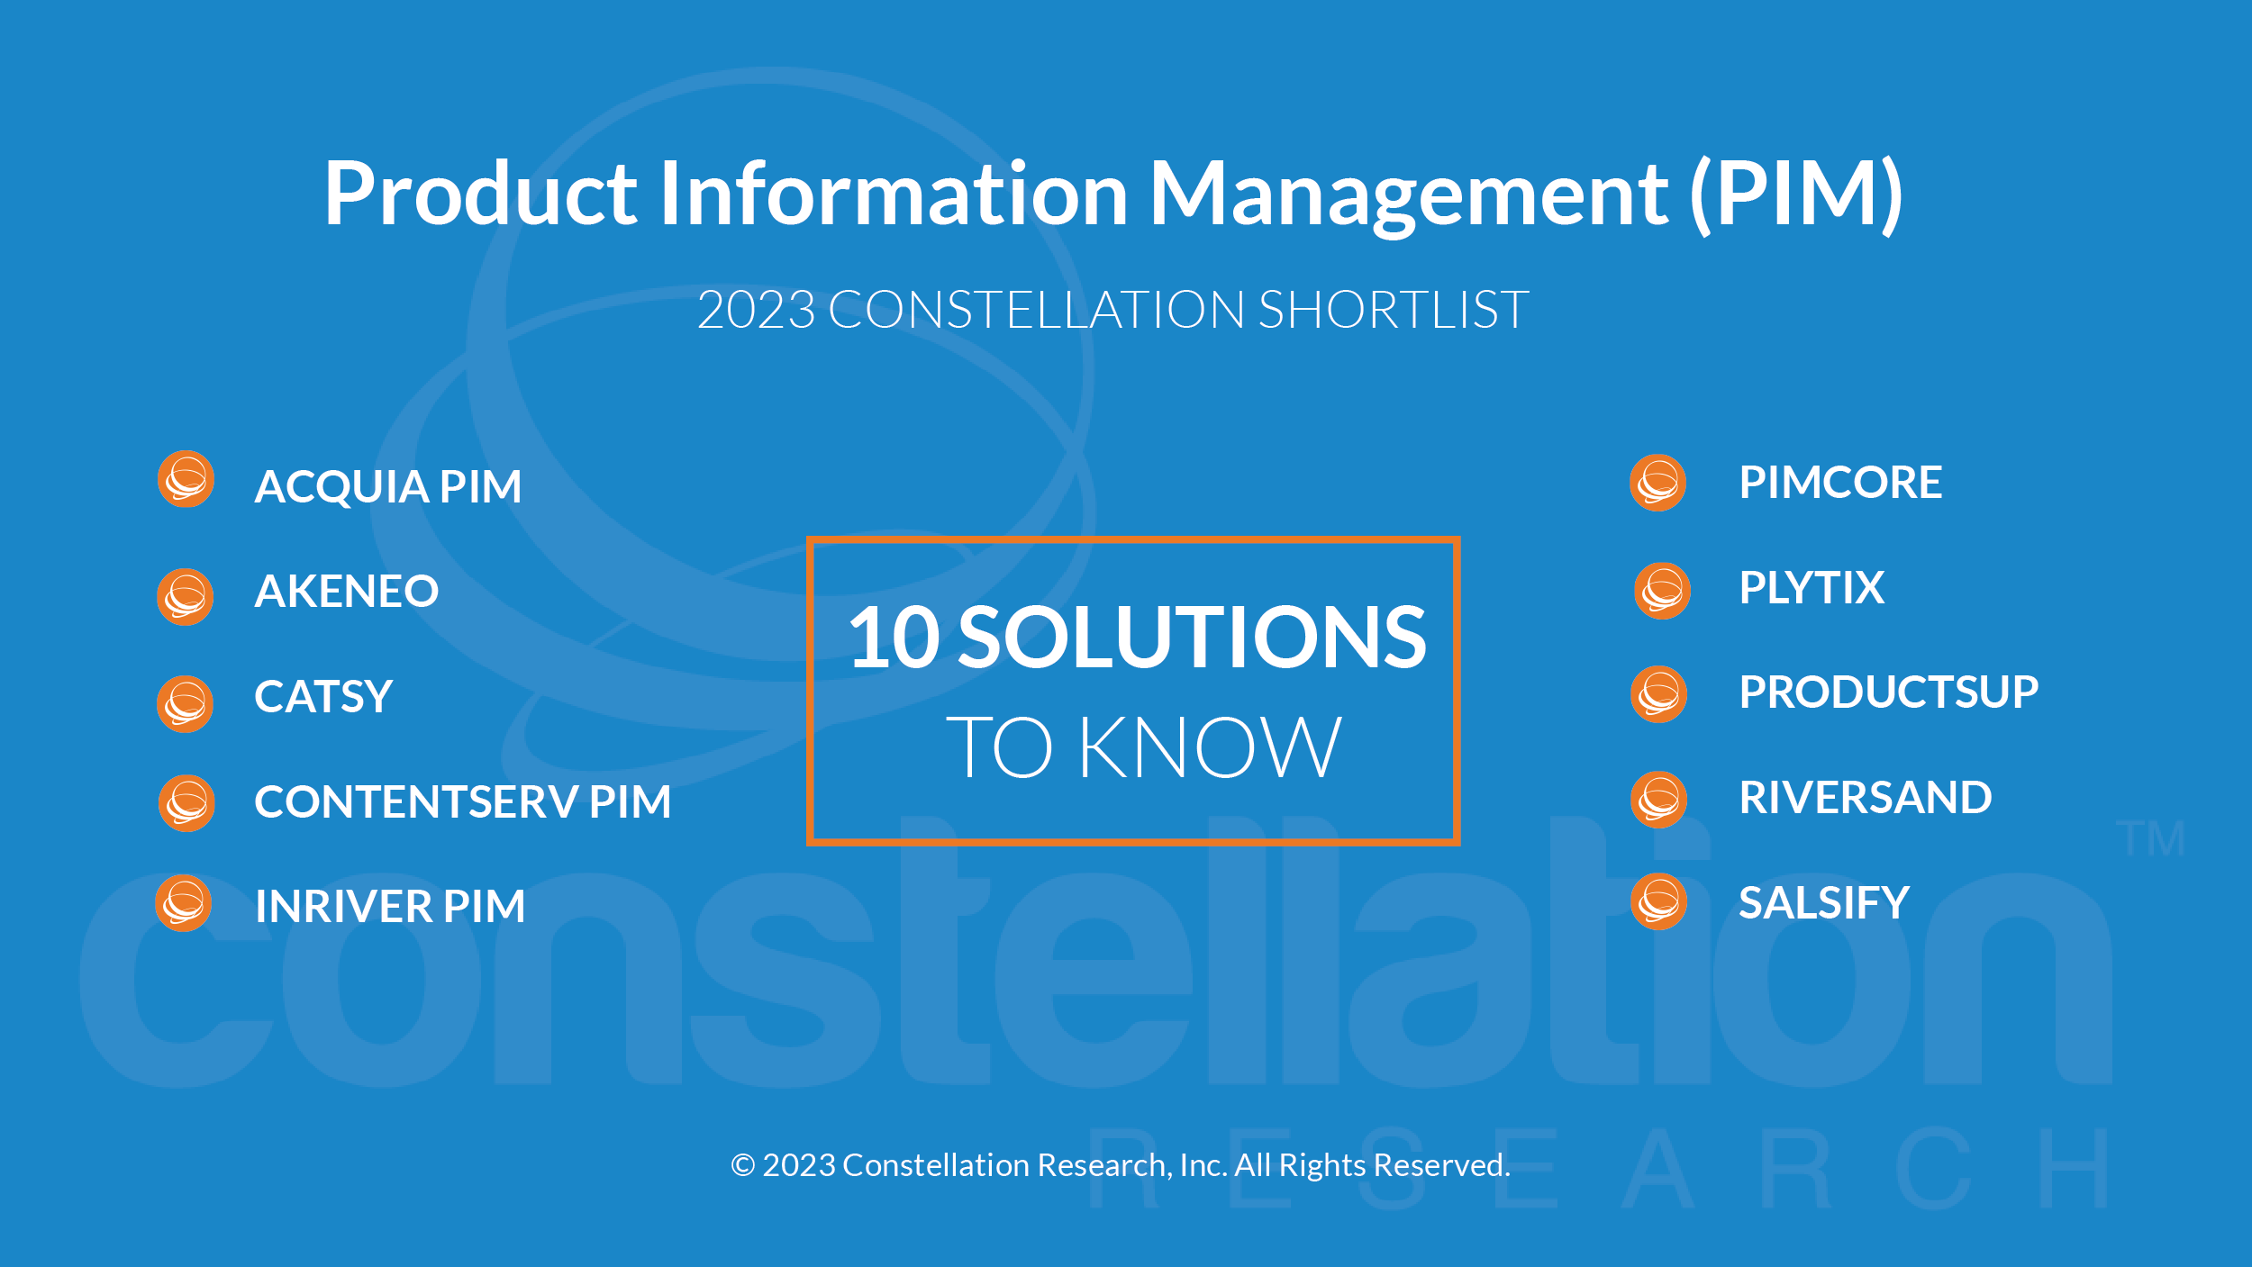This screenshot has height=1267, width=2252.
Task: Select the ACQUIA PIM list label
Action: click(388, 487)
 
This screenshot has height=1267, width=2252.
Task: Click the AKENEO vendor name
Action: click(347, 592)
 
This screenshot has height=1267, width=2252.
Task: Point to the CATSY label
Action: click(323, 696)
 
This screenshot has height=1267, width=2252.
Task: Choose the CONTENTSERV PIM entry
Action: click(463, 801)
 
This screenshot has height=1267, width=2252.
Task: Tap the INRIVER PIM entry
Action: click(390, 906)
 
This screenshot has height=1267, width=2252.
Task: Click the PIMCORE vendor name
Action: click(1840, 483)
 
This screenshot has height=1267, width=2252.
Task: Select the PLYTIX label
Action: click(1812, 588)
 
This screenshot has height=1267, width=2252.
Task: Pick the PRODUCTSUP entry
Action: click(1889, 692)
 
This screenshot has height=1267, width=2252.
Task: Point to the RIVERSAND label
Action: click(1866, 798)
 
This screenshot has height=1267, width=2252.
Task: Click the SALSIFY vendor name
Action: click(1824, 903)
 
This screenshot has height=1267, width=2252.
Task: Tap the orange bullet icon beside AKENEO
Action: click(186, 597)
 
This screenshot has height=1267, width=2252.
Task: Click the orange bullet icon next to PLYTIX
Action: click(1663, 592)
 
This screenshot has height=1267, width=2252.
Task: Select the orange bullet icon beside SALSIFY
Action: click(1659, 901)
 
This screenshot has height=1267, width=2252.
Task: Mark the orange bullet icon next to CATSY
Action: click(186, 704)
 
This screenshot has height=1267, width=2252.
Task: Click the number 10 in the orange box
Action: click(894, 638)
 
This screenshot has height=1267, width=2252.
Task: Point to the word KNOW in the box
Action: click(1210, 747)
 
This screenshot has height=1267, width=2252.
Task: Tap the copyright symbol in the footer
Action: click(742, 1165)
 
